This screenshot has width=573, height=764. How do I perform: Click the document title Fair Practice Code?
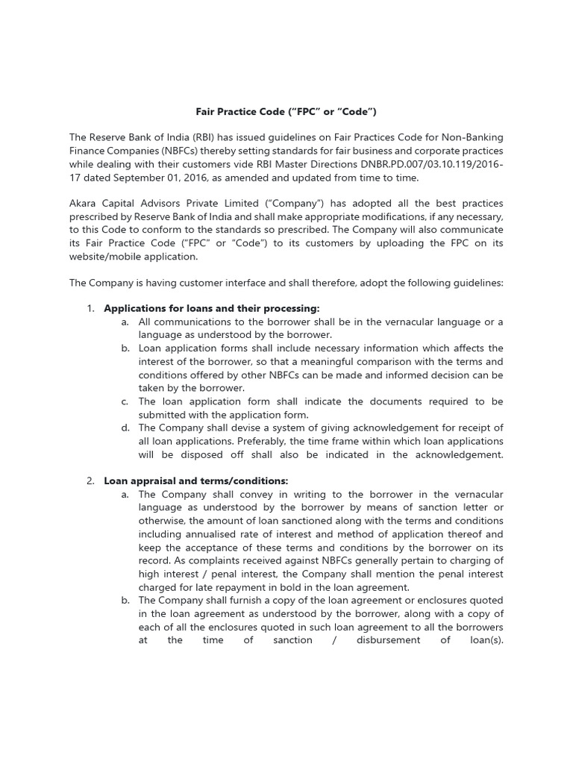[286, 112]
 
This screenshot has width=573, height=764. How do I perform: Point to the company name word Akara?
[84, 204]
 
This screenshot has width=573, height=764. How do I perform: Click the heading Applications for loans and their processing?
[211, 309]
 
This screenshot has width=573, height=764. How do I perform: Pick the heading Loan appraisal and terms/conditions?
[195, 480]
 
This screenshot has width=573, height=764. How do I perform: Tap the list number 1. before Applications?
[90, 309]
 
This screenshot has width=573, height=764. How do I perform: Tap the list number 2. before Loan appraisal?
[90, 480]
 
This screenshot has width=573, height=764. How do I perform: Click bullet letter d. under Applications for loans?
[125, 428]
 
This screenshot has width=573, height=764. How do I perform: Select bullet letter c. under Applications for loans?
[125, 401]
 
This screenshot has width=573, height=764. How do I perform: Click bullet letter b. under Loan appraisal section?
[125, 600]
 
